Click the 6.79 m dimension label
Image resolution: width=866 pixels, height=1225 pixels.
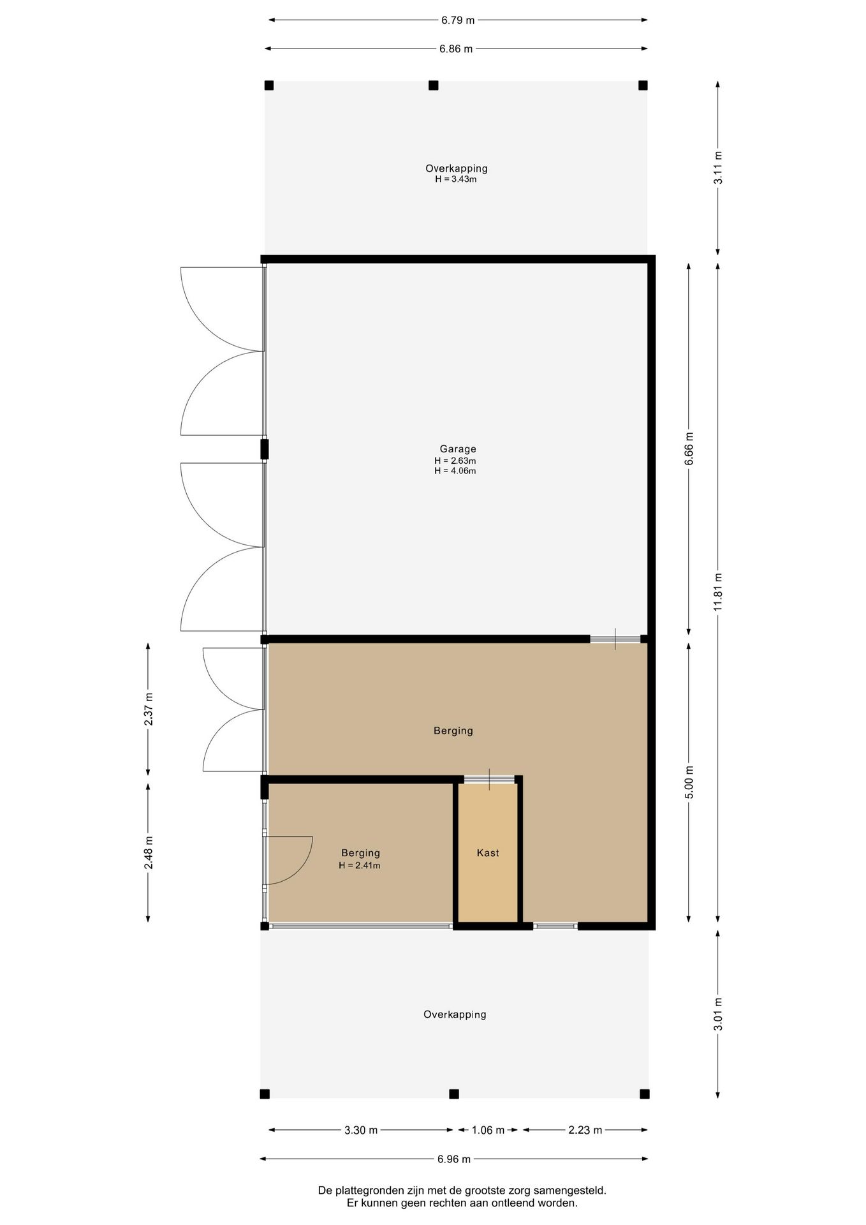point(458,20)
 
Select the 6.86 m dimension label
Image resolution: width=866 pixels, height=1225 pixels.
point(456,48)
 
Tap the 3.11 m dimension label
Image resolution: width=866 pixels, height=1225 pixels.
point(718,168)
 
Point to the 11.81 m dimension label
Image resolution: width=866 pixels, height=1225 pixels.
point(718,591)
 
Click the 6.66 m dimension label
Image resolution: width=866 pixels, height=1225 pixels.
point(689,449)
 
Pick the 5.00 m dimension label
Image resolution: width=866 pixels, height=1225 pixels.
point(689,782)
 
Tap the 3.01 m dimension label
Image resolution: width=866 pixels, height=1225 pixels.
point(718,1014)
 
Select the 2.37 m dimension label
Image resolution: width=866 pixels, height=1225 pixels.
point(149,709)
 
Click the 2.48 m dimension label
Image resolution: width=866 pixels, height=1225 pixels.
point(149,852)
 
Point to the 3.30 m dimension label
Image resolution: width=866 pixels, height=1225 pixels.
point(361,1130)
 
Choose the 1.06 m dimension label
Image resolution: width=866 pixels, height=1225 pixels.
point(488,1130)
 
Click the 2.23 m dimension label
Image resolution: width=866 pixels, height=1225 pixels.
point(585,1130)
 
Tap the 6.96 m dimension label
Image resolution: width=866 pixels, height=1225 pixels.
point(454,1159)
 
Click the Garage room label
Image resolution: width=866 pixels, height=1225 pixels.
point(458,449)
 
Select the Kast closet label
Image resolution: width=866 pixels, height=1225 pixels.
point(488,853)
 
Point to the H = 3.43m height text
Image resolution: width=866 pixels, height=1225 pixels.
point(456,179)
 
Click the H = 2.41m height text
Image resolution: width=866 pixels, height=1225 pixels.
point(360,865)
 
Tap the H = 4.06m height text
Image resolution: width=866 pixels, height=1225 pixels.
point(455,471)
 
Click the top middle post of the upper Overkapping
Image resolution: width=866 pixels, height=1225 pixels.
point(434,85)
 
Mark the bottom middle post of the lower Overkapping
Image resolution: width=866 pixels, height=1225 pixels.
point(454,1094)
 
